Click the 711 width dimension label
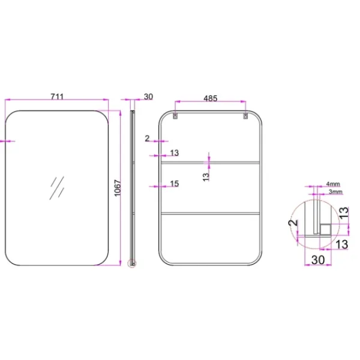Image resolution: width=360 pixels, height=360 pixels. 57,97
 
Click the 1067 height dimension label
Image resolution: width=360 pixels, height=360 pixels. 118,188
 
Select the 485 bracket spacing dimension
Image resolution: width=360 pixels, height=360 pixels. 211,98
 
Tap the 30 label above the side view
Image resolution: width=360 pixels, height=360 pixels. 148,97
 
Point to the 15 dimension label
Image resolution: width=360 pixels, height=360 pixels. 174,184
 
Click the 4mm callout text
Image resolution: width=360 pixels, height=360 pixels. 333,184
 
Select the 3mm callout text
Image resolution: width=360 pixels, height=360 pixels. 335,191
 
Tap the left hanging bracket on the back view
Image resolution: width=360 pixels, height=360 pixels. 175,116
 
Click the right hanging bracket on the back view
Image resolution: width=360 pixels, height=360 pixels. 245,116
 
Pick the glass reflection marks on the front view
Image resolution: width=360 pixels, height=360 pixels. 57,188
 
